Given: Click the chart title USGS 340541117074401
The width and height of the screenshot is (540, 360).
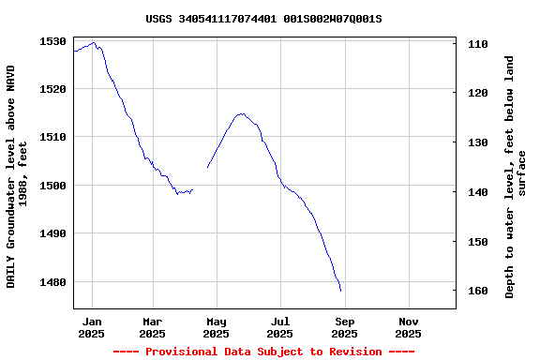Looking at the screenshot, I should [x=263, y=18].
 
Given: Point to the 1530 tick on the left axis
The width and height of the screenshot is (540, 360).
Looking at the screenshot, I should [x=52, y=41].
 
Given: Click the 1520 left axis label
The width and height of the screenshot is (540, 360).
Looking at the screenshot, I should [x=52, y=89].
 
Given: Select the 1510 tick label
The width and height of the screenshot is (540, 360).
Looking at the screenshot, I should [x=52, y=137].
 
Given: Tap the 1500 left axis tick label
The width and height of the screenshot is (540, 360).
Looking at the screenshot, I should [x=52, y=186].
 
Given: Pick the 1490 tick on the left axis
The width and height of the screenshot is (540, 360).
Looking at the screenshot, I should [x=52, y=233].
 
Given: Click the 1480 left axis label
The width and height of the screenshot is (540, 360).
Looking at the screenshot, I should [x=52, y=282].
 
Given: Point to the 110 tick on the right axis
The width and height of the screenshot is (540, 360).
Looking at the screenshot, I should [x=476, y=44].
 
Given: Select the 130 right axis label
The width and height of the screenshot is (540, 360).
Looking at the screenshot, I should [x=476, y=142].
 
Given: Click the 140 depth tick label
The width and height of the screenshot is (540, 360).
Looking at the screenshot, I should [x=476, y=192].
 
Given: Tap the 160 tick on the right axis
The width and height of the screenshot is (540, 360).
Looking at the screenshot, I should [x=476, y=291].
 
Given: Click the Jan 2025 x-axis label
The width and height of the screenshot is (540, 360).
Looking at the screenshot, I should [x=91, y=327].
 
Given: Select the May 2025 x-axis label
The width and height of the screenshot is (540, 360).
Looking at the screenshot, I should [x=216, y=327].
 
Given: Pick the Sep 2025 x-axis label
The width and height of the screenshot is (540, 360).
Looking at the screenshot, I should [x=344, y=327].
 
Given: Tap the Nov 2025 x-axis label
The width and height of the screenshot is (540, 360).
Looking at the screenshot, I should [x=408, y=327].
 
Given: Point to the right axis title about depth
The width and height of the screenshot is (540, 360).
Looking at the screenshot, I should [x=516, y=176].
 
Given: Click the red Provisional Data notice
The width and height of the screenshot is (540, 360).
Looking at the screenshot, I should [x=263, y=352].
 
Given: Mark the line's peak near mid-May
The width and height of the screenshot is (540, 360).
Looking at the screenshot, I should [x=242, y=113].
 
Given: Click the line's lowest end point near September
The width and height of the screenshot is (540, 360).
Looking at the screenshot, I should [x=340, y=291].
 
